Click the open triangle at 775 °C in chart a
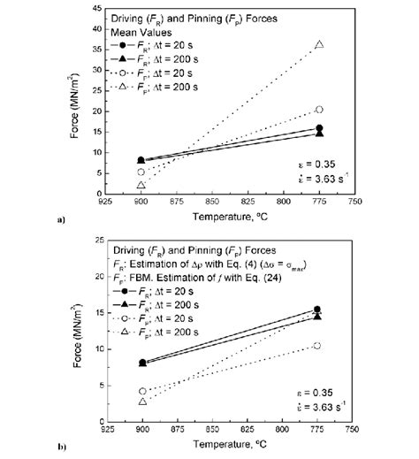click(319, 44)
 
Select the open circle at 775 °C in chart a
click(319, 110)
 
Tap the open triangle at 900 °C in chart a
click(141, 185)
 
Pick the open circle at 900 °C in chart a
click(141, 172)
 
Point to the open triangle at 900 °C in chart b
click(141, 402)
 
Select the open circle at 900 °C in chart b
click(141, 390)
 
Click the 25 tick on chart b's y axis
click(111, 241)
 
